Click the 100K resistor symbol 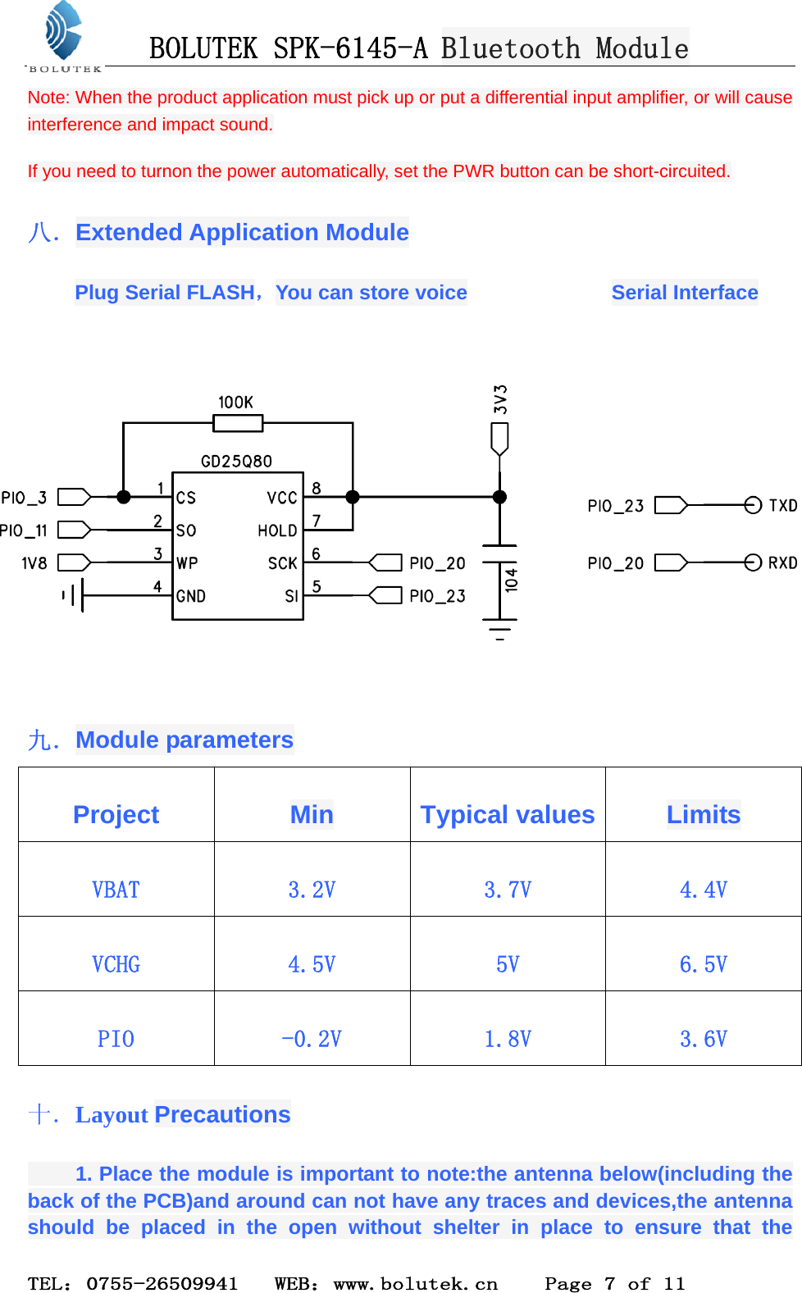pyautogui.click(x=238, y=423)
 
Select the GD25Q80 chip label pyautogui.click(x=236, y=462)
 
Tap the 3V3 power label pyautogui.click(x=500, y=399)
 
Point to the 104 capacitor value pyautogui.click(x=512, y=580)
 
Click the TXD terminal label pyautogui.click(x=782, y=506)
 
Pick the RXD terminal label pyautogui.click(x=782, y=563)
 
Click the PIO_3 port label pyautogui.click(x=25, y=499)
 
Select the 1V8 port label pyautogui.click(x=34, y=563)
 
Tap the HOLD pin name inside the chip pyautogui.click(x=277, y=531)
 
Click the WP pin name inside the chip pyautogui.click(x=187, y=563)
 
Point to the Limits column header pyautogui.click(x=703, y=814)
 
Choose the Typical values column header pyautogui.click(x=507, y=814)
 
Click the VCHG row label pyautogui.click(x=116, y=964)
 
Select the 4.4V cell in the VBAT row pyautogui.click(x=703, y=890)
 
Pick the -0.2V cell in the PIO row pyautogui.click(x=312, y=1039)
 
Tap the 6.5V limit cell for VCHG pyautogui.click(x=703, y=964)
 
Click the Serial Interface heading pyautogui.click(x=684, y=293)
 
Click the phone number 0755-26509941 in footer pyautogui.click(x=162, y=1283)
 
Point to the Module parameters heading pyautogui.click(x=184, y=740)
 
